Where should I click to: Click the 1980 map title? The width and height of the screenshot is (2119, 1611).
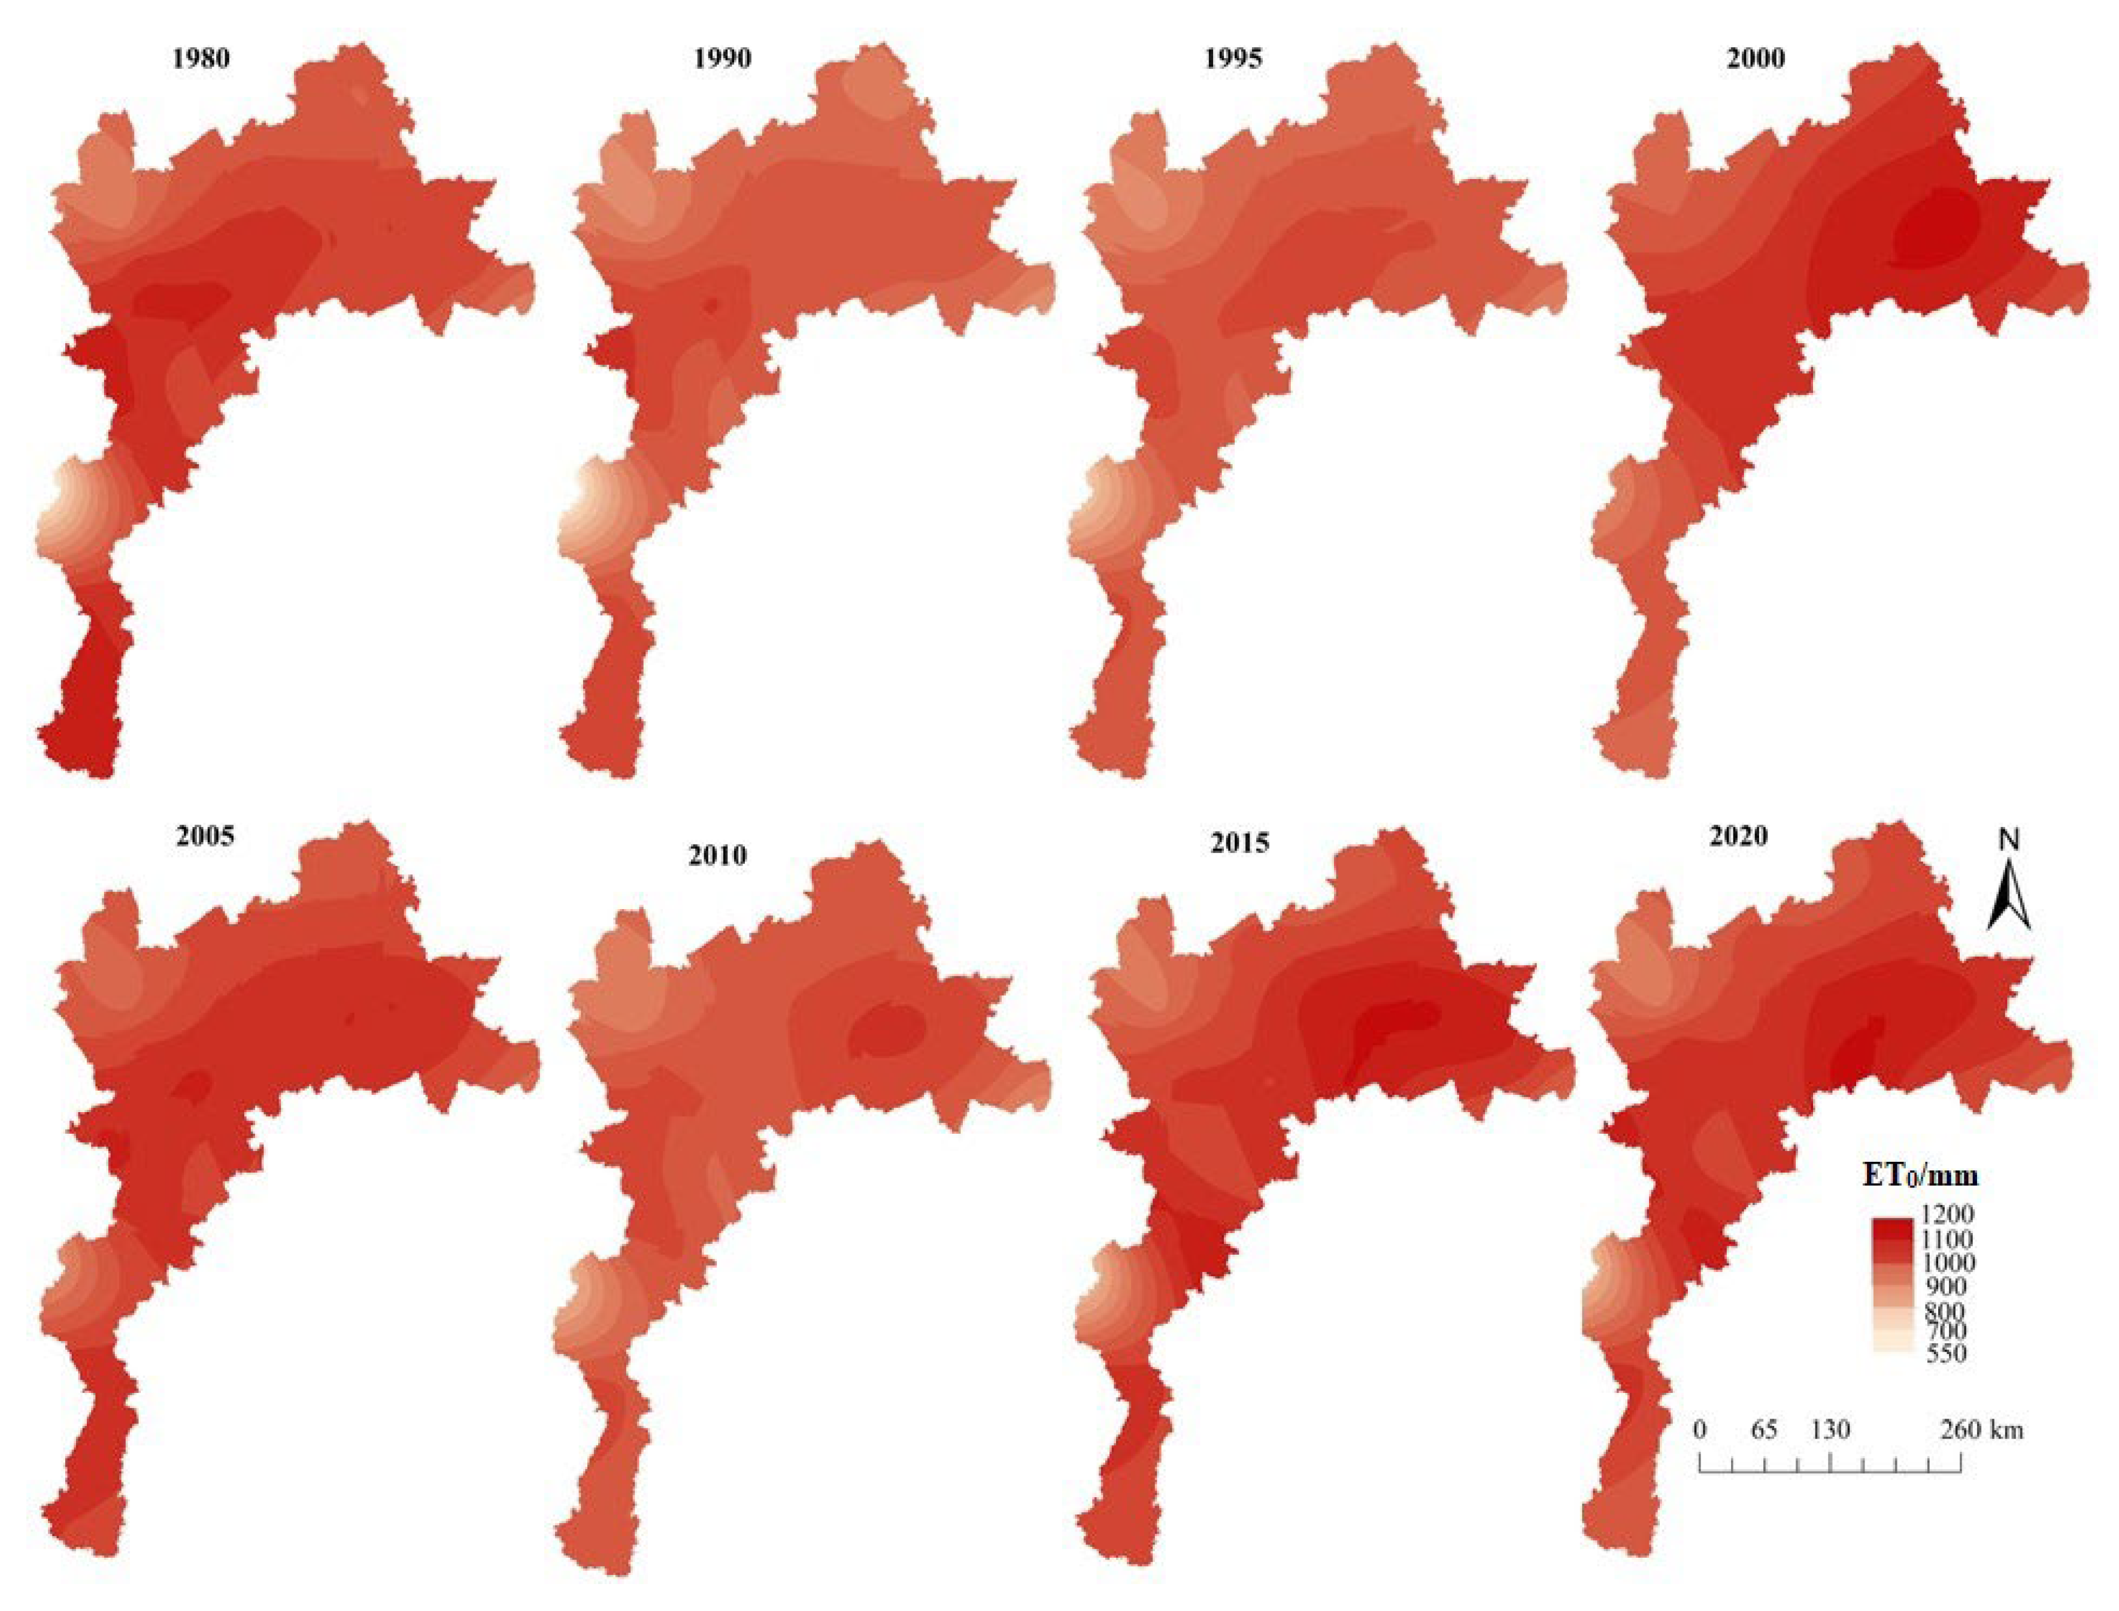tap(201, 59)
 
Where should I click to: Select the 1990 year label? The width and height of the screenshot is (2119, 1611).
tap(722, 59)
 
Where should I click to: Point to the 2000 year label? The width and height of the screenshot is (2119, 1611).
tap(1756, 59)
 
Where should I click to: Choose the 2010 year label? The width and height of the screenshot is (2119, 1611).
tap(717, 855)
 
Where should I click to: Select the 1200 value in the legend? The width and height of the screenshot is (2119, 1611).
tap(1945, 1215)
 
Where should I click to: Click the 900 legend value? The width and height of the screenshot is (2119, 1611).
tap(1945, 1286)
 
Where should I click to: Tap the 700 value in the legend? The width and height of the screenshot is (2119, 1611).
tap(1945, 1331)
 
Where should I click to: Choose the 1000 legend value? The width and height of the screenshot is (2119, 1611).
tap(1945, 1262)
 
